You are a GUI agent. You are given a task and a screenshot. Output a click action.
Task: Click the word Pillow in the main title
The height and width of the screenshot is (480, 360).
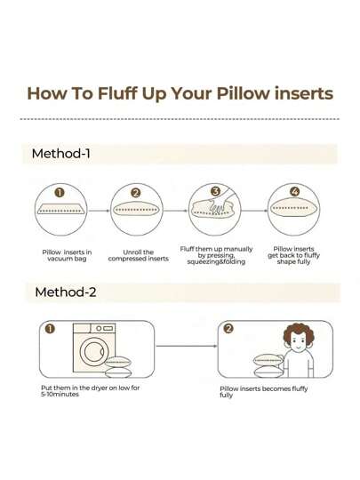pyautogui.click(x=235, y=93)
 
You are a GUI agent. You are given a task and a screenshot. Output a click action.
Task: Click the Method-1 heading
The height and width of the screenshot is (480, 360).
pyautogui.click(x=60, y=153)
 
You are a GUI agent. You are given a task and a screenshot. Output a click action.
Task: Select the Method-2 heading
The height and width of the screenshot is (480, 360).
pyautogui.click(x=64, y=292)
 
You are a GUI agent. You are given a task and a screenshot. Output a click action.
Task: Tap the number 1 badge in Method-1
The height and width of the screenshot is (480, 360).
pyautogui.click(x=60, y=191)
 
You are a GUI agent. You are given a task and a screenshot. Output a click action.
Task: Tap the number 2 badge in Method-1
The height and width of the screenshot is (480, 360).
pyautogui.click(x=135, y=191)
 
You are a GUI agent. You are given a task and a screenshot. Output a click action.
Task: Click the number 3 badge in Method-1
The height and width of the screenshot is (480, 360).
pyautogui.click(x=215, y=190)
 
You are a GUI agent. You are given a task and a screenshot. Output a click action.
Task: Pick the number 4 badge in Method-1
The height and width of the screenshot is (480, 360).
pyautogui.click(x=295, y=190)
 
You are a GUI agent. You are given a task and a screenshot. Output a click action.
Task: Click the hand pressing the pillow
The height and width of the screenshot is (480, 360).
pyautogui.click(x=221, y=201)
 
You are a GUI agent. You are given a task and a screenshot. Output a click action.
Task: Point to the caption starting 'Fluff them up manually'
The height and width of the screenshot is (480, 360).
pyautogui.click(x=216, y=255)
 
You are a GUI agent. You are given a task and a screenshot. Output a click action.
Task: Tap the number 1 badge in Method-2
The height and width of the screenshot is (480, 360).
pyautogui.click(x=51, y=329)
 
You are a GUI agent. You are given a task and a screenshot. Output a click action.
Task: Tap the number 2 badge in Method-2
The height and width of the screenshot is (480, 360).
pyautogui.click(x=228, y=329)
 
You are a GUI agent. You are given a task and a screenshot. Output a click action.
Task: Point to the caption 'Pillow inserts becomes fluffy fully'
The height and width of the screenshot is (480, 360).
pyautogui.click(x=263, y=392)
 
